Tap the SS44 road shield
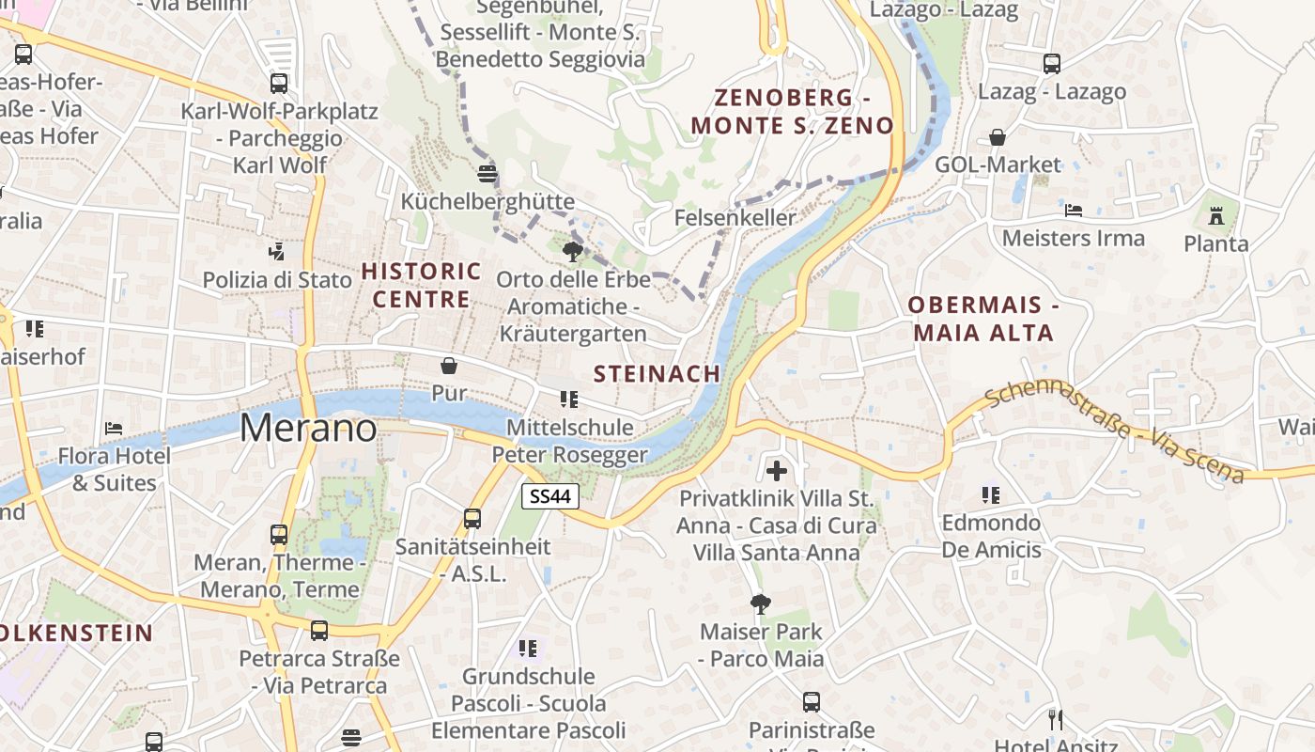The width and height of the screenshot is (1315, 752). [550, 496]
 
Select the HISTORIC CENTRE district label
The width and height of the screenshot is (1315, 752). [421, 286]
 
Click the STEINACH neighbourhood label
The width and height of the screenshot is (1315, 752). [657, 373]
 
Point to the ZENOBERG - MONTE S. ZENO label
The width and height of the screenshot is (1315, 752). [793, 112]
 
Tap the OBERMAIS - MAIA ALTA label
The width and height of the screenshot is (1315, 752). [983, 319]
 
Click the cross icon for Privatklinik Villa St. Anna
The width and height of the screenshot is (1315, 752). [777, 470]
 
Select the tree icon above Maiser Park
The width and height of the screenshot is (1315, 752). [761, 603]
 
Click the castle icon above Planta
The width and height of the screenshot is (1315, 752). [1216, 216]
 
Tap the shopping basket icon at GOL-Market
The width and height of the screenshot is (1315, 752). [998, 137]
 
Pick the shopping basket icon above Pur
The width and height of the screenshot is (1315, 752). [449, 365]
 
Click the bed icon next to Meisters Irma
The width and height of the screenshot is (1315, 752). [1074, 210]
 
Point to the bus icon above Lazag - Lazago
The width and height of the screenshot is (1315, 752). [1052, 64]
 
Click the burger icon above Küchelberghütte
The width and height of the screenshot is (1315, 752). [487, 173]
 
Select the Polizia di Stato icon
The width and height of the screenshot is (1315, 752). [277, 251]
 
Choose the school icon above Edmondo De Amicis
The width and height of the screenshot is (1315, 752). [991, 494]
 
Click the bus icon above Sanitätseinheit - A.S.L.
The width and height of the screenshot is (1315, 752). [472, 518]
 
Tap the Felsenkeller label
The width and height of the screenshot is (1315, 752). [735, 217]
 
